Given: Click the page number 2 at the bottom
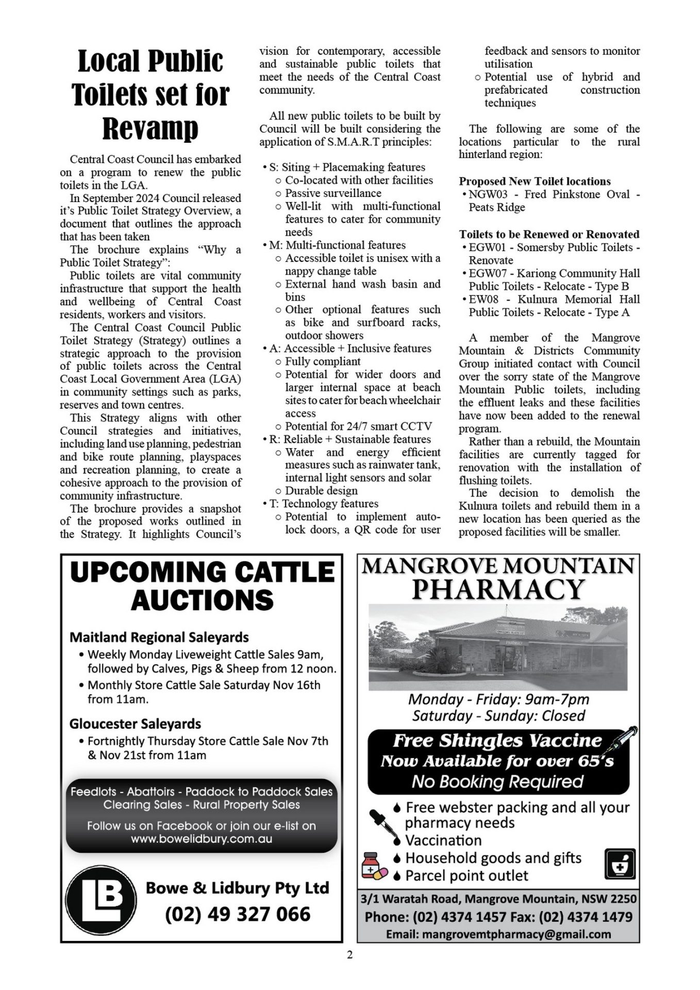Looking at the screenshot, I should pyautogui.click(x=350, y=954).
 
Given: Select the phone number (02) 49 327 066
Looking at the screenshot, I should pyautogui.click(x=238, y=914).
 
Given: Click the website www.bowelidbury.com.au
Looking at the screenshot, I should pyautogui.click(x=202, y=839).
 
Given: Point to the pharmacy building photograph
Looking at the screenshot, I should pyautogui.click(x=498, y=647).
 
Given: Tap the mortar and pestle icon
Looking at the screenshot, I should pyautogui.click(x=620, y=864).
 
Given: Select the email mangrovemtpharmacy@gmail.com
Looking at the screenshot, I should pyautogui.click(x=498, y=934).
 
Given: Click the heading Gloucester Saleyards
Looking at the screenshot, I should pyautogui.click(x=135, y=724).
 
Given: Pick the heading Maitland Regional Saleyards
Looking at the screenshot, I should pyautogui.click(x=159, y=637).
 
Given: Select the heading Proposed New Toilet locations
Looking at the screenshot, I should pyautogui.click(x=535, y=181).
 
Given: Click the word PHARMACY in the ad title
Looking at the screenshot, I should pyautogui.click(x=498, y=589).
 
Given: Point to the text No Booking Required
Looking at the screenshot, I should pyautogui.click(x=497, y=782).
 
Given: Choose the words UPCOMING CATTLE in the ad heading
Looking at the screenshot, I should pyautogui.click(x=202, y=572).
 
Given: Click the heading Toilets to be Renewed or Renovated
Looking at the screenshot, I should pyautogui.click(x=549, y=234).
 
